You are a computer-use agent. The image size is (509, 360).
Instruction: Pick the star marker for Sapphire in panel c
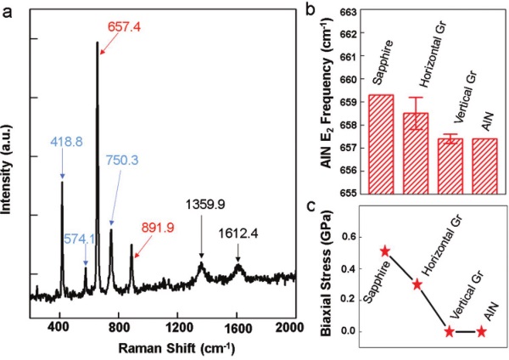pyautogui.click(x=384, y=251)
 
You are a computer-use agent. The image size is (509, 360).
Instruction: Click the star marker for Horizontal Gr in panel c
pyautogui.click(x=417, y=284)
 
